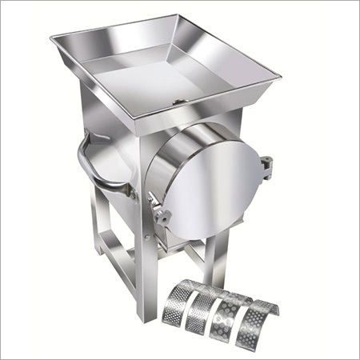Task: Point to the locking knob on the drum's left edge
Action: click(x=165, y=214)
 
